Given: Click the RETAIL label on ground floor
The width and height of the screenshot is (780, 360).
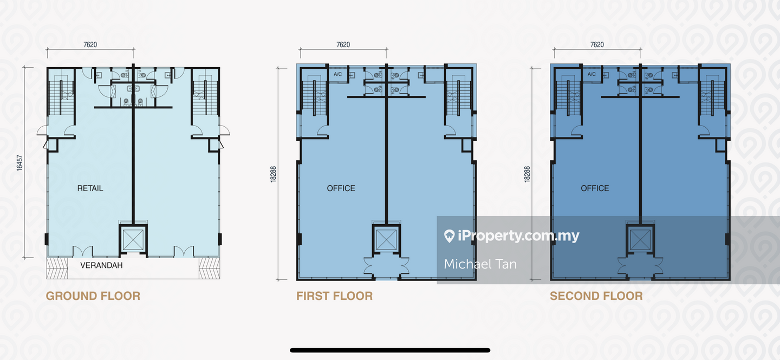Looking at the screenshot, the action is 90,188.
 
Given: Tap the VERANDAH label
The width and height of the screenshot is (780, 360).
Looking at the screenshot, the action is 101,265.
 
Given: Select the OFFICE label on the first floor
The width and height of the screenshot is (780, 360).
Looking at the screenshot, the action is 341,188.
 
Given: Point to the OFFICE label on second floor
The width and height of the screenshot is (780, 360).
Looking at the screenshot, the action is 595,188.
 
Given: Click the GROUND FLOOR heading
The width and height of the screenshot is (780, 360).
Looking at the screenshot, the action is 93,296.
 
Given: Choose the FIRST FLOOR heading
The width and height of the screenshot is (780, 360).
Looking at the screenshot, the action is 334,296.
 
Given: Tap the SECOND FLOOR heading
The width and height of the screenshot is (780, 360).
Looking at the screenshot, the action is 596,296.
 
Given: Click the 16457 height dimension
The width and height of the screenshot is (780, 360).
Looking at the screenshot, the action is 19,163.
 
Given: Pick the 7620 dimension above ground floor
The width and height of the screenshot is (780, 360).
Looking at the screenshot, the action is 90,44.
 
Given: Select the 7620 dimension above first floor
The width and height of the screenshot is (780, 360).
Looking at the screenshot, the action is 343,44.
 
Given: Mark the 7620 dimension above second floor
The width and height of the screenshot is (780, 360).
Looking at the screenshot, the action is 597,44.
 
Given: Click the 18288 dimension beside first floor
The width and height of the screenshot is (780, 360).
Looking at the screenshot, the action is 273,174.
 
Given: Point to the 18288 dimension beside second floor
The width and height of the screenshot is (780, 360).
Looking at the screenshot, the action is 527,174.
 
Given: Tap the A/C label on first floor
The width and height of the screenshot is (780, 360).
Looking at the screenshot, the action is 338,74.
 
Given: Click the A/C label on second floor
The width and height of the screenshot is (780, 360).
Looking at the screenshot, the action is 591,74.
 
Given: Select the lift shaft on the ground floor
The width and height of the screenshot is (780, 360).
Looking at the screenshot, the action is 133,239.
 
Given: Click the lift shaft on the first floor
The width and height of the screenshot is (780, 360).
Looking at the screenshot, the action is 386,239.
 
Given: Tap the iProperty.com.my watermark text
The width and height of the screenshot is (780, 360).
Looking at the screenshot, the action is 518,236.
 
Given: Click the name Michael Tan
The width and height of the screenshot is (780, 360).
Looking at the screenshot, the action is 480,264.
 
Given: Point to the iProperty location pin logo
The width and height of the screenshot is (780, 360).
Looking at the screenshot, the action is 449,236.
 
